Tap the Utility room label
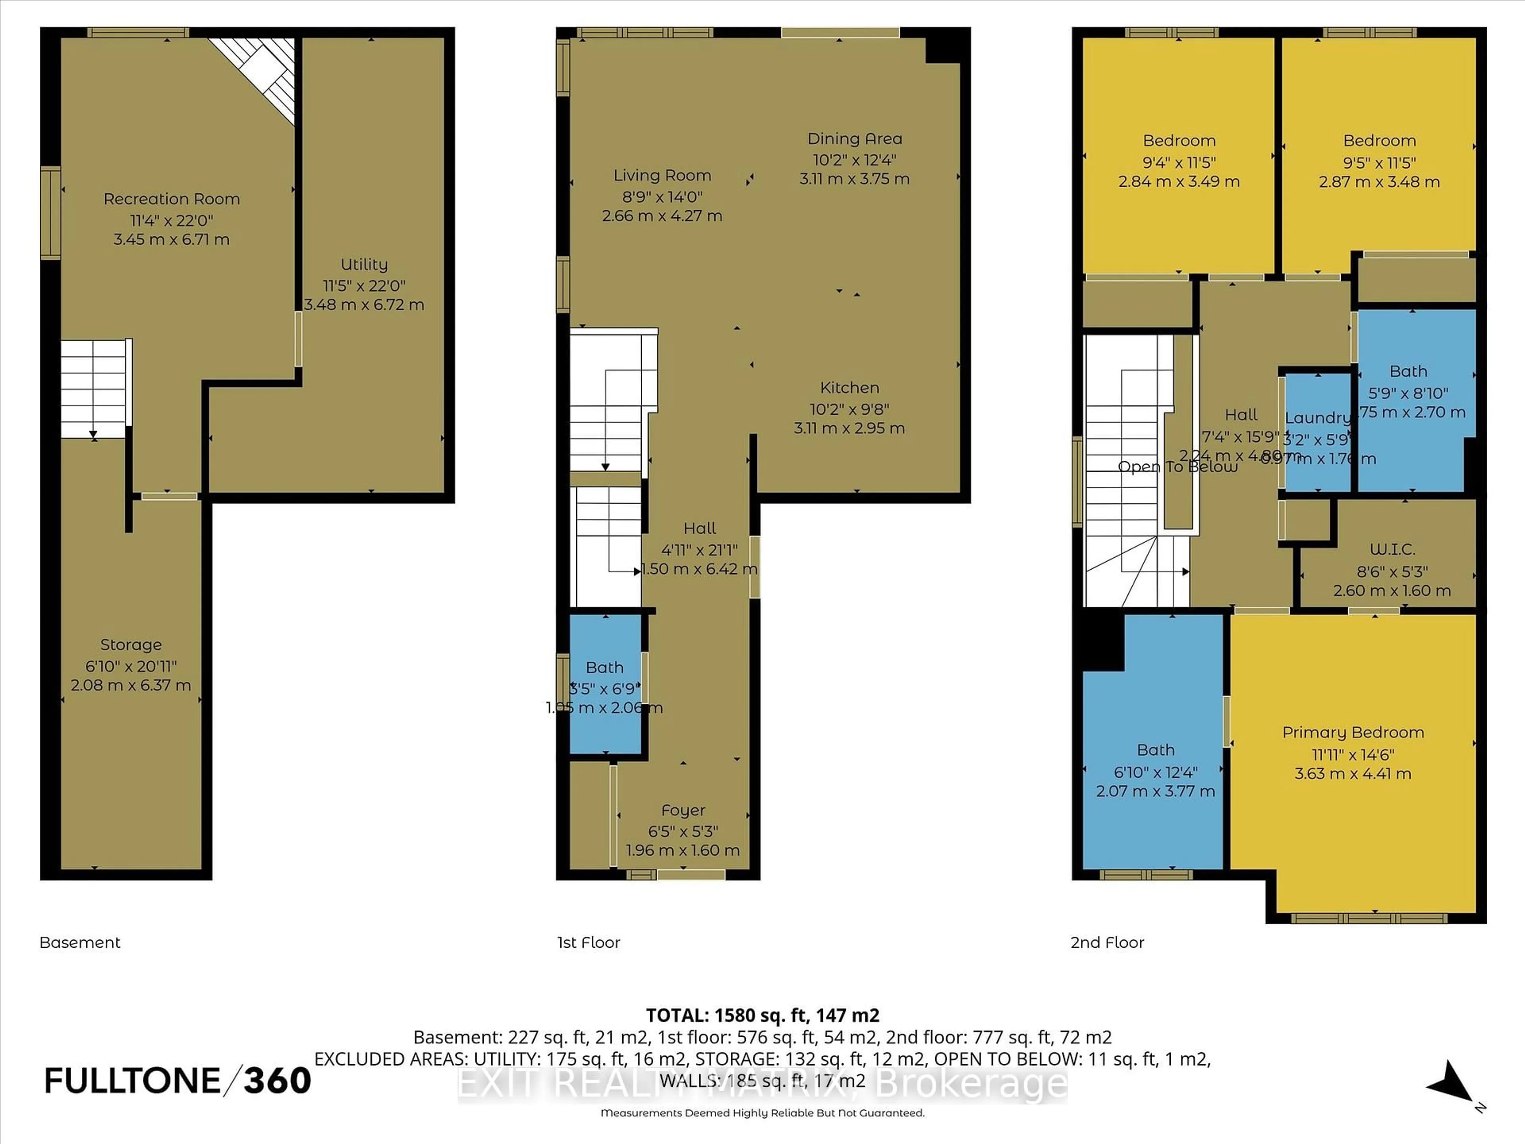(x=364, y=264)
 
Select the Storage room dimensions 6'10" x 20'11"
(x=131, y=666)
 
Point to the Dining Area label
(x=854, y=139)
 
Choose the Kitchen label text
(x=849, y=388)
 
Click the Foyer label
(x=683, y=810)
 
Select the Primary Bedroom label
(x=1353, y=732)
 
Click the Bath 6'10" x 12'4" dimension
(x=1156, y=772)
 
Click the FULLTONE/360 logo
(x=177, y=1080)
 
